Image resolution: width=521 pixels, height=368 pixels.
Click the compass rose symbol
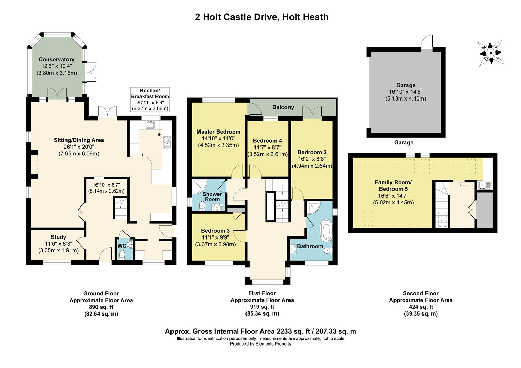click(x=491, y=53)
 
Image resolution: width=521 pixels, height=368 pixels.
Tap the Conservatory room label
click(x=57, y=60)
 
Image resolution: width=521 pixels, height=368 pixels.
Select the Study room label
click(x=58, y=237)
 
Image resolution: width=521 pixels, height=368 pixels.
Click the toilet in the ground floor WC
click(x=122, y=256)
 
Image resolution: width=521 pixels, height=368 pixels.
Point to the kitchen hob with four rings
click(x=167, y=142)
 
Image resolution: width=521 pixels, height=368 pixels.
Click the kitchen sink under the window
click(x=150, y=124)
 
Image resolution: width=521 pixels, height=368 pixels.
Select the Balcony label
click(x=283, y=107)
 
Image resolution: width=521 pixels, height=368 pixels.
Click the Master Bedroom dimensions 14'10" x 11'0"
click(x=219, y=139)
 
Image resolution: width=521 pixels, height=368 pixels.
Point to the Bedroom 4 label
click(x=267, y=141)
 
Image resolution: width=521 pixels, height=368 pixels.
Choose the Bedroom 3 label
click(x=215, y=231)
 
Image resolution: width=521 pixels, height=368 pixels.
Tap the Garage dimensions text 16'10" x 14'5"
click(x=406, y=92)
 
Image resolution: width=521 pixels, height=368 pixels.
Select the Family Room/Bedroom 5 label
click(x=393, y=186)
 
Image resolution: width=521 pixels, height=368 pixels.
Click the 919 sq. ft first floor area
click(x=262, y=307)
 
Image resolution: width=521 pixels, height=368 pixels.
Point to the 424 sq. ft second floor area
click(x=421, y=307)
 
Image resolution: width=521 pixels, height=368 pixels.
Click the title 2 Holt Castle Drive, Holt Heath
click(x=262, y=17)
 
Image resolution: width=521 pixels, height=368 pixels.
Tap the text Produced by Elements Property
click(x=260, y=344)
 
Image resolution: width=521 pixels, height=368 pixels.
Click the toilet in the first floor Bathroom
click(x=328, y=250)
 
